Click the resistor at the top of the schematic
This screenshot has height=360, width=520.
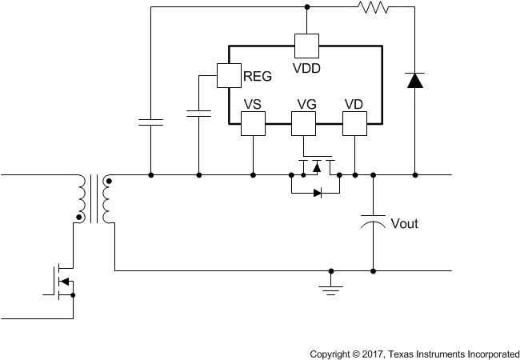[372, 8]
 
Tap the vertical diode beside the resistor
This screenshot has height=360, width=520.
[414, 80]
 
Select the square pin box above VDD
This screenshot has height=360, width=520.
[306, 45]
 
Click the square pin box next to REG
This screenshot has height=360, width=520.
[229, 75]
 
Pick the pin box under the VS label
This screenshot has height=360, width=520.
[253, 123]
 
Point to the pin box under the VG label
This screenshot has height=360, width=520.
[303, 123]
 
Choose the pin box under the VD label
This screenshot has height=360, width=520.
[354, 123]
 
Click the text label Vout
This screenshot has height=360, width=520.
[404, 223]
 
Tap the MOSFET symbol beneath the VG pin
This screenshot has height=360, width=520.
[316, 166]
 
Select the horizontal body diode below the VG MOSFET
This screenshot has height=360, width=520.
[317, 192]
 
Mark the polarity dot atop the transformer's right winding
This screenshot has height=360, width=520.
[109, 182]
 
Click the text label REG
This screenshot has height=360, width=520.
[257, 77]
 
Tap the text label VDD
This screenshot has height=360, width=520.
[307, 69]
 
